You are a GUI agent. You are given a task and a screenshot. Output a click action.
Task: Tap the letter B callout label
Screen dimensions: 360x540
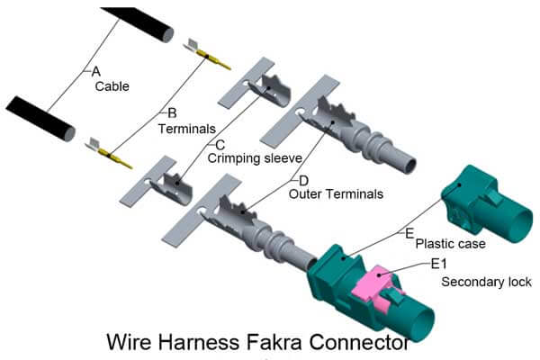tap(173, 113)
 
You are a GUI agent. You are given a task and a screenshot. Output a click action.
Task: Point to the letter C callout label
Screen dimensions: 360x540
tap(219, 143)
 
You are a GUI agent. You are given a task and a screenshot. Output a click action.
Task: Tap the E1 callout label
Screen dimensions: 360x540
tap(439, 264)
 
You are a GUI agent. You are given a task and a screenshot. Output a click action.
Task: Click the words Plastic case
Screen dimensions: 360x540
tap(450, 244)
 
